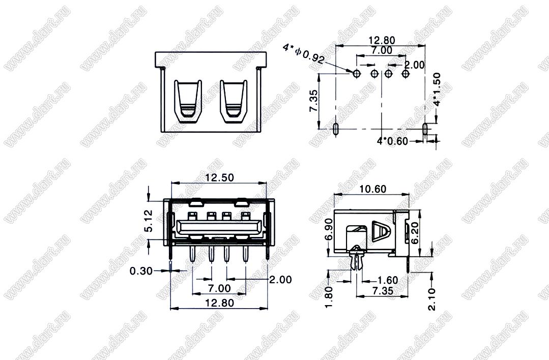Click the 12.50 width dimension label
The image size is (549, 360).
point(219,177)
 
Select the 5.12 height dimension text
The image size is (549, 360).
point(148,220)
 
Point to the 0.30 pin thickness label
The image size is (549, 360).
point(141,271)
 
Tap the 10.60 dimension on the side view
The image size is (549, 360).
point(373,189)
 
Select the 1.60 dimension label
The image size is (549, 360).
point(387,280)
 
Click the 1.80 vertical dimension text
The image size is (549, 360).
point(329,297)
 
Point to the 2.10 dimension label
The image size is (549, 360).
point(432,299)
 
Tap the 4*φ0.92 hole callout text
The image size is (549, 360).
point(303,54)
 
